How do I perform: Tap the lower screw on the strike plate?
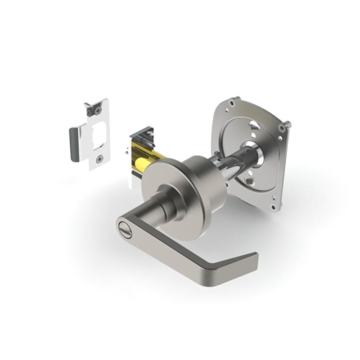99,158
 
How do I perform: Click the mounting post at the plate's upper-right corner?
287,125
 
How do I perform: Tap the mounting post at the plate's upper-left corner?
238,99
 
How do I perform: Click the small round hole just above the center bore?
253,135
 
